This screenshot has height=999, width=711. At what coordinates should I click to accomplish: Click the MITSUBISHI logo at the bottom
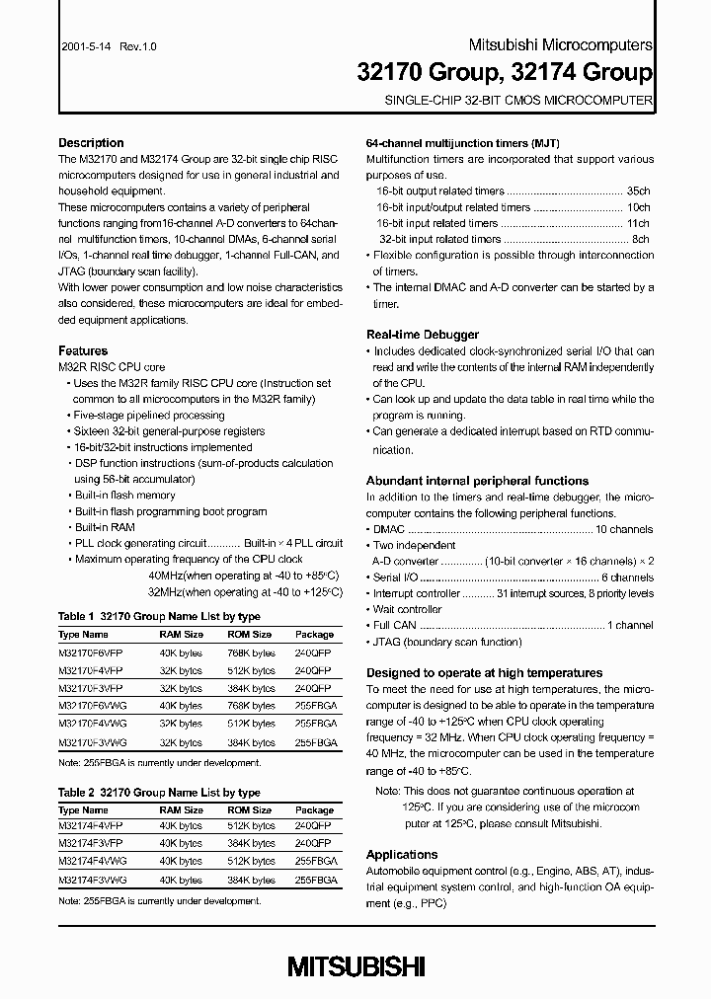[x=356, y=965]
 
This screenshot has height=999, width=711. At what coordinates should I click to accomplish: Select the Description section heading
[x=91, y=143]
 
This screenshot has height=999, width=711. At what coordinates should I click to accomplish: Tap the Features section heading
[x=83, y=351]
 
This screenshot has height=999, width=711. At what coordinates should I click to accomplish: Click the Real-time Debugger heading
[x=422, y=335]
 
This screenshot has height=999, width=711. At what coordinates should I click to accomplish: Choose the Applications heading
[x=401, y=855]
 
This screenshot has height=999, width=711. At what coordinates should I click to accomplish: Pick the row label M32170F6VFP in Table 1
[x=91, y=653]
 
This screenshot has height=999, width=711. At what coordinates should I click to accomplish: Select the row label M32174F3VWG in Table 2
[x=91, y=879]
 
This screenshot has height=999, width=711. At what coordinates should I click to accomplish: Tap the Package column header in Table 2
[x=315, y=809]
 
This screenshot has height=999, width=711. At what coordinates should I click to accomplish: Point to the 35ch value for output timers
[x=638, y=192]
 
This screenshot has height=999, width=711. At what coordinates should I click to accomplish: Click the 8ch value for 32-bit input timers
[x=640, y=239]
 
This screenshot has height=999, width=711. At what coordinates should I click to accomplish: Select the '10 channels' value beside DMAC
[x=624, y=529]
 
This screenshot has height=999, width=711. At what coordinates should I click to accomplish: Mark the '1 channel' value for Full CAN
[x=629, y=625]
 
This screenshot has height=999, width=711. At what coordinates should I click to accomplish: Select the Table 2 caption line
[x=159, y=793]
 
